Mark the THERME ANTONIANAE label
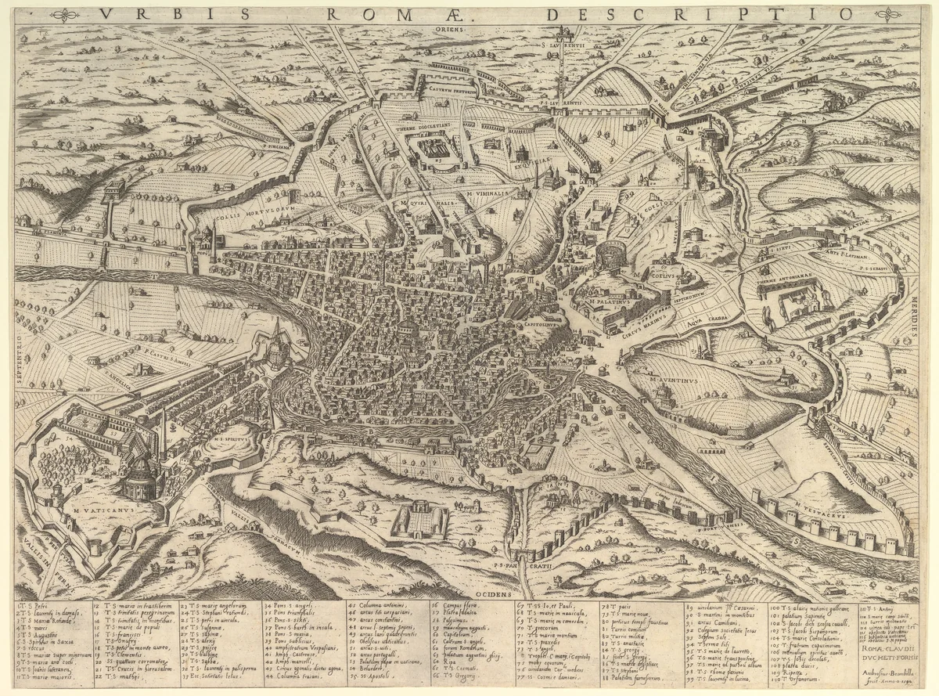786,280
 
